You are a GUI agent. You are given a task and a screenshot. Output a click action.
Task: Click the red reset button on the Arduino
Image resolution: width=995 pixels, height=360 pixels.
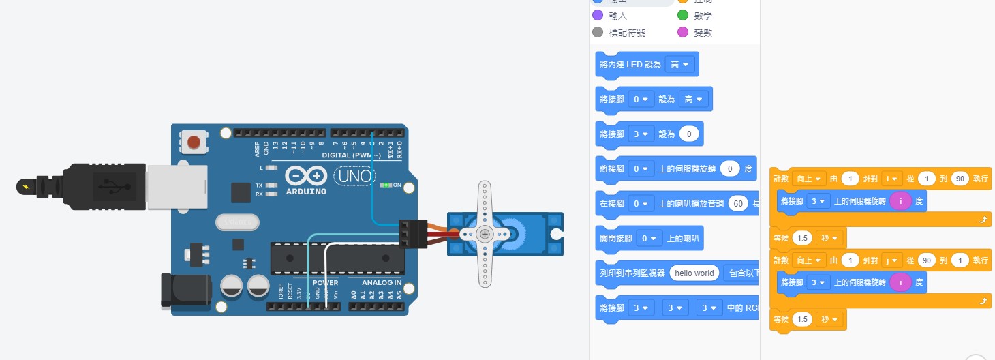(194, 142)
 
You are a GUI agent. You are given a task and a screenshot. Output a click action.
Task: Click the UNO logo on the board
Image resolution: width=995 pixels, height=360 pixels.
(354, 177)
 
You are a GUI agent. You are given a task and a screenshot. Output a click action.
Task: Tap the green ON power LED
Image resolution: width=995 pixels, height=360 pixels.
(387, 185)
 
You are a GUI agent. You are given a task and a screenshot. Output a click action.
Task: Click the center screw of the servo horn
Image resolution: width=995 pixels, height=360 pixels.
(485, 234)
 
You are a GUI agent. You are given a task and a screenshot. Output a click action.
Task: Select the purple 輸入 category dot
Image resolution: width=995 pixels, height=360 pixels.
(598, 15)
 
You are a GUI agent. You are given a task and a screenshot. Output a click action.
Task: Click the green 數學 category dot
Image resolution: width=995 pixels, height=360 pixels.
(683, 15)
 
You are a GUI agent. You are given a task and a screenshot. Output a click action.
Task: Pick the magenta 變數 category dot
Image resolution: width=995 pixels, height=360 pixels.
(683, 32)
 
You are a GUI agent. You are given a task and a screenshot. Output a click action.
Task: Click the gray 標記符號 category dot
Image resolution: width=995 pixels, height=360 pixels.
(598, 32)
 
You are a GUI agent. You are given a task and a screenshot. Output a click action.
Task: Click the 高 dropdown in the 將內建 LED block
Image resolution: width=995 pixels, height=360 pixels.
(679, 65)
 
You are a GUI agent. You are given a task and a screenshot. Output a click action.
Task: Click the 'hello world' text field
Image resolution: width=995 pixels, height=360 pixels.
(694, 273)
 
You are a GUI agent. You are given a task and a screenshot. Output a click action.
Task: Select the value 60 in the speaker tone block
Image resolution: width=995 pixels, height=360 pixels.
(737, 203)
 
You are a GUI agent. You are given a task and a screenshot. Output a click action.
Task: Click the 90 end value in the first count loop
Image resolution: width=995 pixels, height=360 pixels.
(960, 179)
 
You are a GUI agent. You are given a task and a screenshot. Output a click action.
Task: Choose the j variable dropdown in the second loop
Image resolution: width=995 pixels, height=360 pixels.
(892, 260)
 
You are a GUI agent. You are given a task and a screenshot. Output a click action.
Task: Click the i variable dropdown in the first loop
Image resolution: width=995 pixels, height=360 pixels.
(892, 179)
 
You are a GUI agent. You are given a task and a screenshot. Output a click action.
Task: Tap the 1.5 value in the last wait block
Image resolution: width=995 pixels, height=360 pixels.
(803, 319)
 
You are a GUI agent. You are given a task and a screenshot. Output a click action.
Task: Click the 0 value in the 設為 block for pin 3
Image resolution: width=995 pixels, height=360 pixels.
(689, 134)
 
